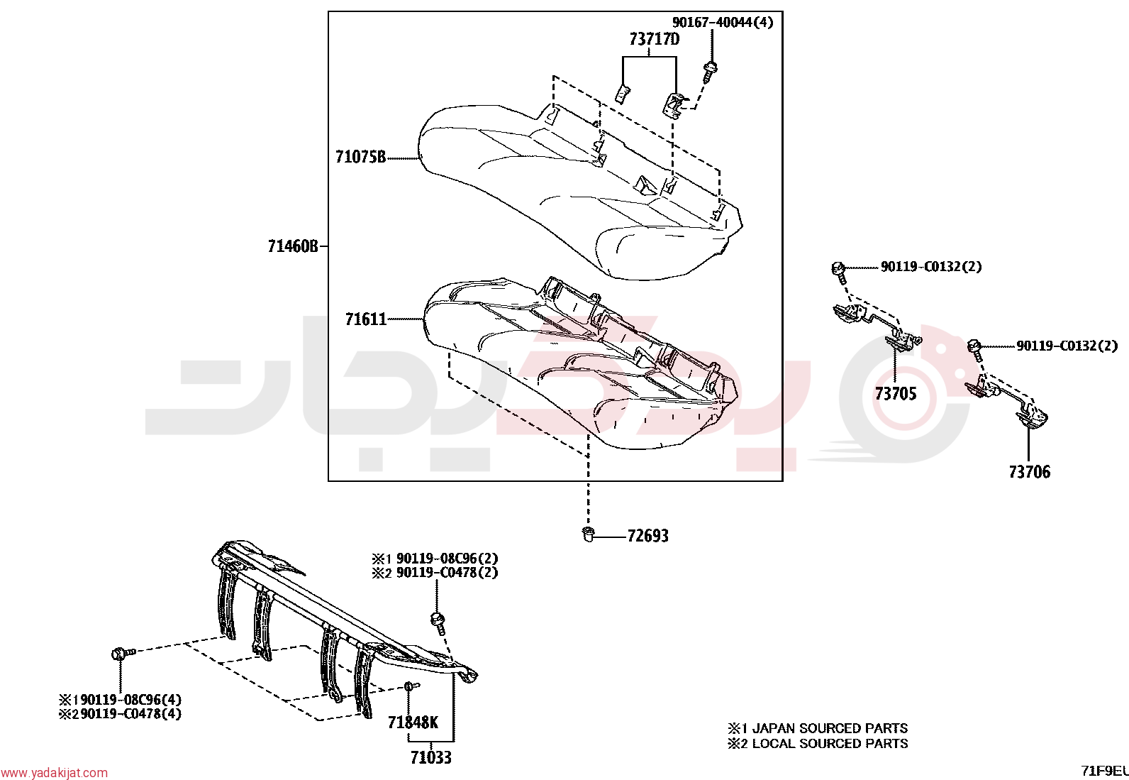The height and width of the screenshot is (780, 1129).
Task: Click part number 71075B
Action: [360, 157]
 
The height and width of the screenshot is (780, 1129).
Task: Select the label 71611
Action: [366, 319]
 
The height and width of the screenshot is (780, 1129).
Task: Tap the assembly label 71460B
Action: [293, 246]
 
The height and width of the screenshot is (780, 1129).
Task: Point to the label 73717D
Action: [655, 39]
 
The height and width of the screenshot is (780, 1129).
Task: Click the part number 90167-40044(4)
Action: [722, 22]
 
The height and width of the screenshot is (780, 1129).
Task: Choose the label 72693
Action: [647, 535]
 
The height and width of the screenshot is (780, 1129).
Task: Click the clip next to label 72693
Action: [588, 534]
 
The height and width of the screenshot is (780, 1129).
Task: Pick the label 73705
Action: [895, 393]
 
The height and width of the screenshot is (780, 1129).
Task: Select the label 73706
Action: [1029, 472]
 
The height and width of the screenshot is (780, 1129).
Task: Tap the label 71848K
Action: [413, 723]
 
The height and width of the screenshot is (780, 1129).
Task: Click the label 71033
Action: [431, 757]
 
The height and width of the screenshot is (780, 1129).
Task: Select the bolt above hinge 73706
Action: [975, 351]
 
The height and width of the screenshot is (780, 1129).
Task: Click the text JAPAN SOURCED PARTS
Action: [830, 728]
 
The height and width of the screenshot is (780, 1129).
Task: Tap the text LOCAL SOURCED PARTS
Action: [830, 743]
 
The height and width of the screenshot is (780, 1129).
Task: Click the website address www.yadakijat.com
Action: [54, 773]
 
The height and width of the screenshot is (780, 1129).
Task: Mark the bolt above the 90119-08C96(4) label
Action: [123, 654]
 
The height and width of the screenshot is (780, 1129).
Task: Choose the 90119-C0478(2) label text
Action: [447, 573]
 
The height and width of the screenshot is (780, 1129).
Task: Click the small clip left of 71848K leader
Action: [411, 686]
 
